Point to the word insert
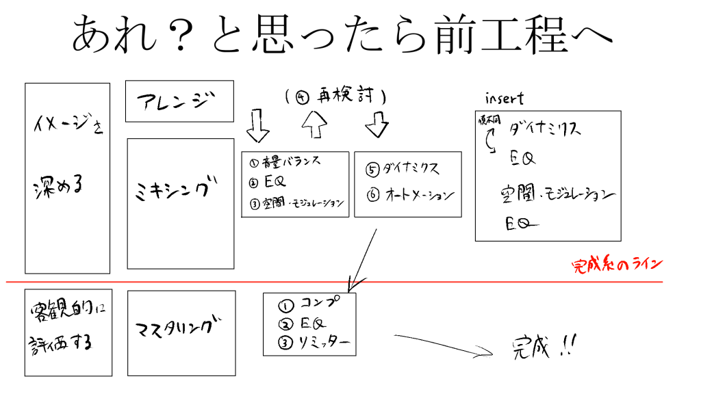(504, 98)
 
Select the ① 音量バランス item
(285, 163)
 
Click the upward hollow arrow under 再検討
(314, 126)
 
